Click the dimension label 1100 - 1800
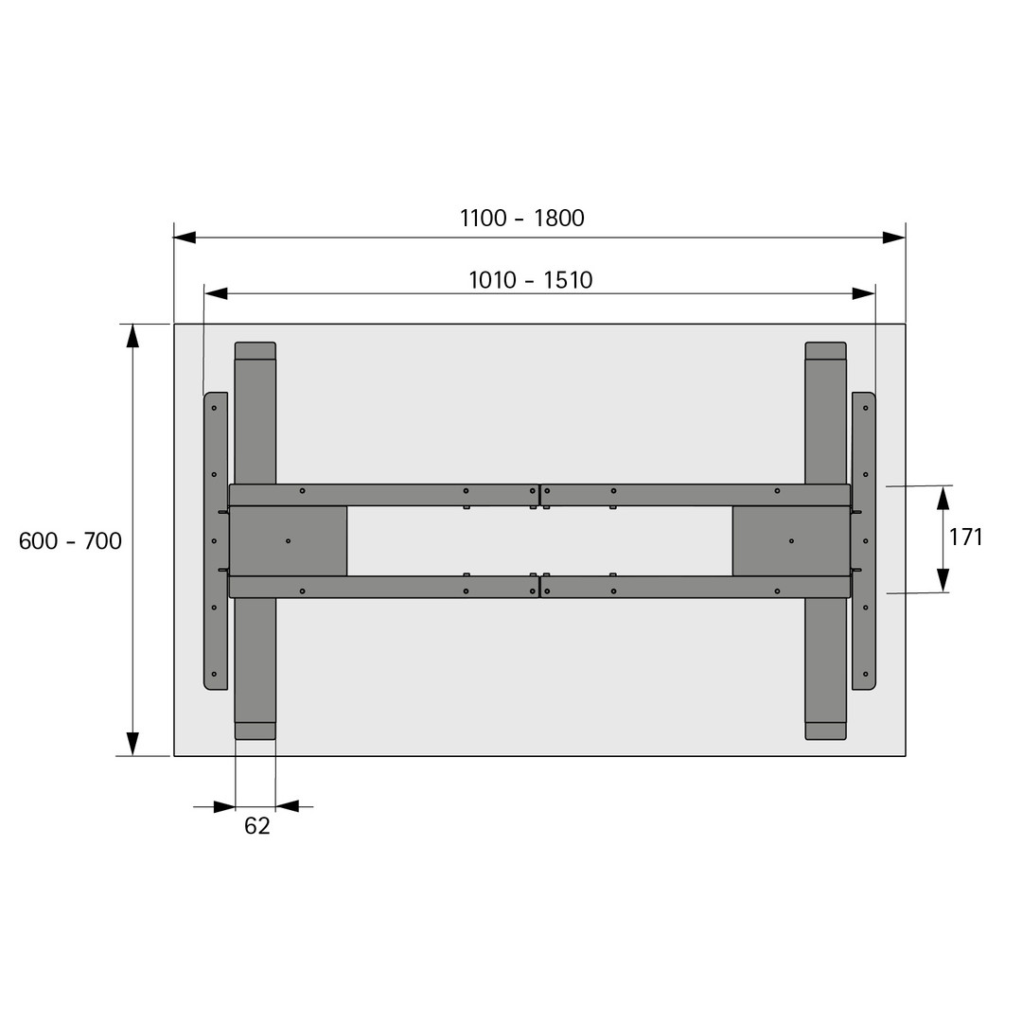click(x=522, y=218)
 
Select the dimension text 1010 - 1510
click(x=531, y=280)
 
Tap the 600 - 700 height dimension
click(x=70, y=541)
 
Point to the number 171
click(x=965, y=537)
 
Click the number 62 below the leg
click(x=256, y=826)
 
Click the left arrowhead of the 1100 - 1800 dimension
click(x=185, y=238)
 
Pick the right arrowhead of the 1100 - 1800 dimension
click(x=894, y=238)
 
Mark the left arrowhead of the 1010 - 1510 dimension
click(x=216, y=293)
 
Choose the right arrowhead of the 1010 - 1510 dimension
click(x=864, y=293)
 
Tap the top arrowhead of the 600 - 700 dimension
click(x=133, y=335)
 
